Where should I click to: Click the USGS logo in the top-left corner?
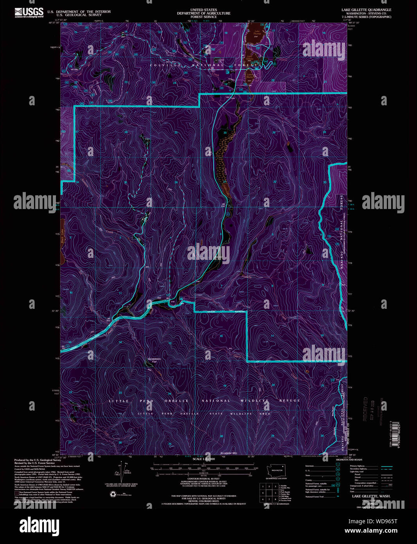(29, 12)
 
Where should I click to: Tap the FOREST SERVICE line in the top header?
(203, 17)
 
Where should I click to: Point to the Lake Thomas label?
(257, 32)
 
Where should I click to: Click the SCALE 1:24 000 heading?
(203, 459)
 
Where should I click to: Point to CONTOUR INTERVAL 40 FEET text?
(203, 479)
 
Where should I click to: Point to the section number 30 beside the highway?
(225, 133)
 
